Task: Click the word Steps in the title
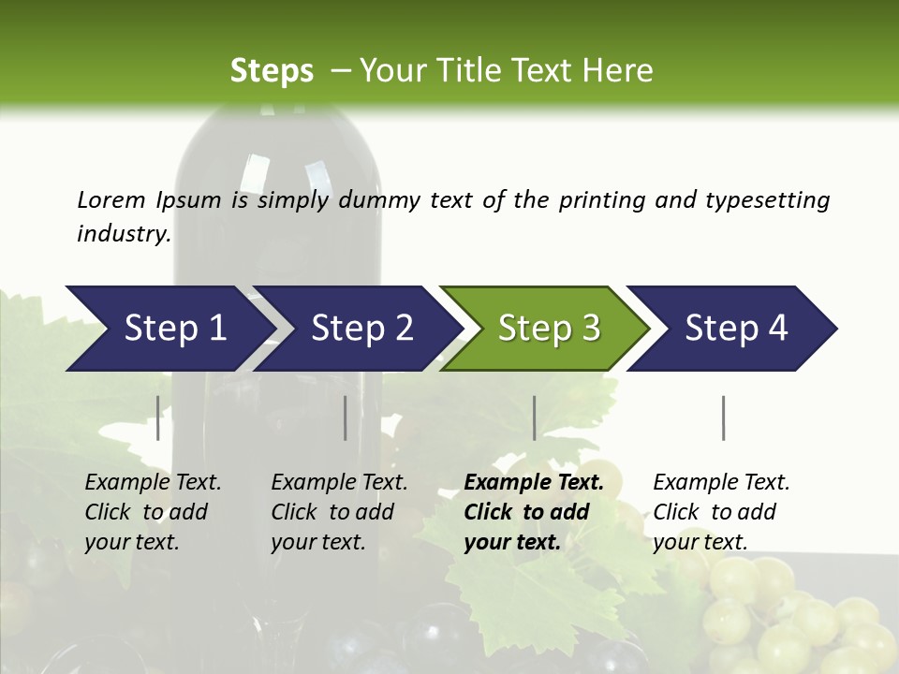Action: point(272,70)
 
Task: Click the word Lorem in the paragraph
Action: point(111,199)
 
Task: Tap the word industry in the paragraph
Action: point(123,234)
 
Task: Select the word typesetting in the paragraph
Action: point(767,200)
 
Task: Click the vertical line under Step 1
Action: point(158,418)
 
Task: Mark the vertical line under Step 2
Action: point(346,418)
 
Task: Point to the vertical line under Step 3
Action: point(534,418)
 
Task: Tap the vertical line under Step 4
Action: point(723,418)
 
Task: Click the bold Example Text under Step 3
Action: point(534,482)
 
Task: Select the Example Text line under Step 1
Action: point(153,482)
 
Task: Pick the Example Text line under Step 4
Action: point(721,482)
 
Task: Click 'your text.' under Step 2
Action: point(318,542)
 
